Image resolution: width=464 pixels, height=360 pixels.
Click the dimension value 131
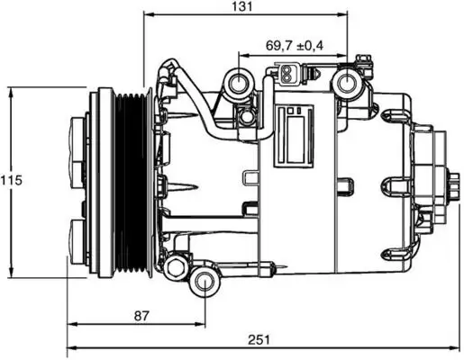(239, 7)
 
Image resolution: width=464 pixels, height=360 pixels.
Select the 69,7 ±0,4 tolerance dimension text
(292, 45)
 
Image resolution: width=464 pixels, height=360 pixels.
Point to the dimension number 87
(140, 316)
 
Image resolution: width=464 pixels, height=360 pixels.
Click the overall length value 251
(259, 339)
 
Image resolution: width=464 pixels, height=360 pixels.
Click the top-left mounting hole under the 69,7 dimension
(240, 85)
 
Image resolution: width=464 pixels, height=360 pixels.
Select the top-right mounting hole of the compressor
(347, 84)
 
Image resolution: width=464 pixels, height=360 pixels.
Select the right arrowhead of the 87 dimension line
(204, 324)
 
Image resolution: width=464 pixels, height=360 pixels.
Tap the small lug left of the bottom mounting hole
(173, 265)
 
